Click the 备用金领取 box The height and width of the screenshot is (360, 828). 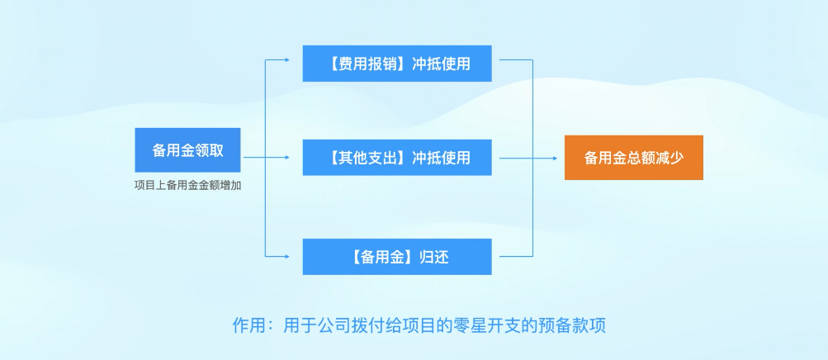187,150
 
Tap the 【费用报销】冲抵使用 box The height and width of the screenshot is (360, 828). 397,64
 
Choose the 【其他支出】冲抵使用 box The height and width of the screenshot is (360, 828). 397,158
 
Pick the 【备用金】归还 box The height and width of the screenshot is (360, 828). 397,257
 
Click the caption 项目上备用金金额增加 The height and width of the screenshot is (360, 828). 187,186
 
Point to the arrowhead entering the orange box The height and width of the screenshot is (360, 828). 555,158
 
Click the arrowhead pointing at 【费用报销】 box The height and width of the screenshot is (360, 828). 287,60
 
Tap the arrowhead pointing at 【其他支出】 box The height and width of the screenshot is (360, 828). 287,158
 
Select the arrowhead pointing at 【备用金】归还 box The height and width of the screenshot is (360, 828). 287,257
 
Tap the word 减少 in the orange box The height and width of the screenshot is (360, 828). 670,158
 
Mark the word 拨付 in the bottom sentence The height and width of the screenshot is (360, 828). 367,324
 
